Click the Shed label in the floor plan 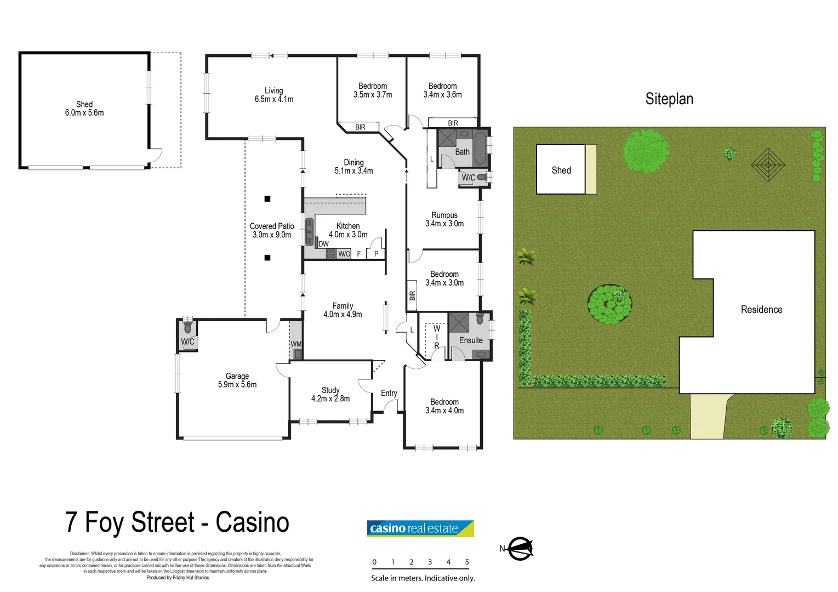point(84,104)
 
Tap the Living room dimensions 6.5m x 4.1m point(273,99)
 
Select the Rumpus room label point(444,215)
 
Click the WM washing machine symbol point(296,344)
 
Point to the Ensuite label point(471,340)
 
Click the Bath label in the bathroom point(462,152)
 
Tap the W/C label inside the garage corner point(187,341)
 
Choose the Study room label point(330,390)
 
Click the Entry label point(389,393)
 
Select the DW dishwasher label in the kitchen point(323,244)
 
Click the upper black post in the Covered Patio point(267,199)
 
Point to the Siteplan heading point(669,99)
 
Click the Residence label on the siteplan point(761,310)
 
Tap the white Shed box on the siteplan point(561,169)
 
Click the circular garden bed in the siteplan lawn point(609,304)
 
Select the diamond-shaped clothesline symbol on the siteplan point(768,164)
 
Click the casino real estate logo point(420,528)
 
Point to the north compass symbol point(518,548)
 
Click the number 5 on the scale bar point(467,562)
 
